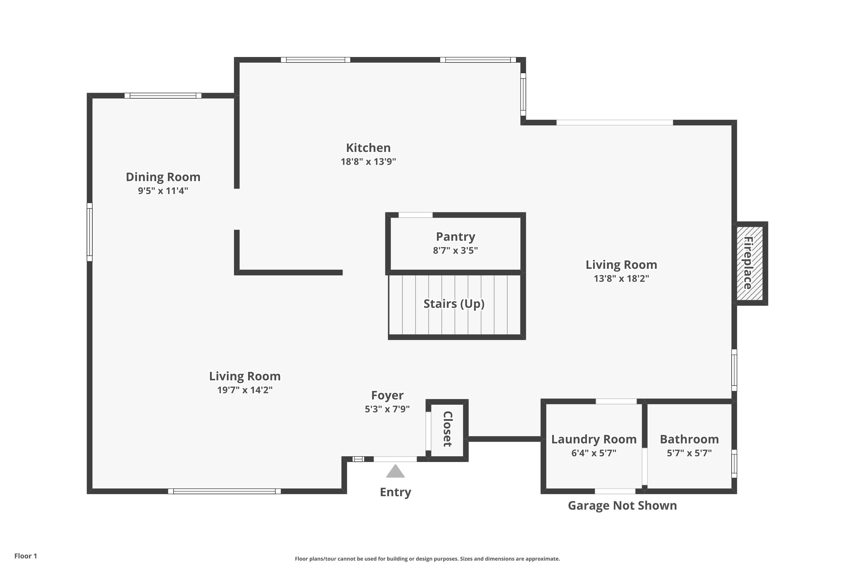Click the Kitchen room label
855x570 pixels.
[x=368, y=148]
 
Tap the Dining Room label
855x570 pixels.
[x=163, y=177]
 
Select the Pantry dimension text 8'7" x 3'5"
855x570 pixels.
[x=455, y=251]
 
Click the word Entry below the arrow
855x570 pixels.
[x=395, y=492]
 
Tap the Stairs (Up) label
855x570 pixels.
[x=454, y=304]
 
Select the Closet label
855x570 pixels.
[x=447, y=429]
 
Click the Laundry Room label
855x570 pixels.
[x=594, y=439]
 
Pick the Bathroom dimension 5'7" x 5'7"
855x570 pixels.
[x=689, y=453]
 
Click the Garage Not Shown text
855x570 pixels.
[x=622, y=505]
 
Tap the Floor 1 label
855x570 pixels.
[x=25, y=556]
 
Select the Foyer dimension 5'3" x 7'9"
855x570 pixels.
[x=387, y=409]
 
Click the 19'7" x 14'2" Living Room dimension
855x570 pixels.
[x=245, y=390]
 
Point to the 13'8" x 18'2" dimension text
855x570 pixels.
[x=621, y=278]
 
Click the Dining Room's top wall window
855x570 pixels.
[x=163, y=95]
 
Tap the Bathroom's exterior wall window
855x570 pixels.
[x=734, y=463]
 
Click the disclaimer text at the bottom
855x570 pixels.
[x=427, y=559]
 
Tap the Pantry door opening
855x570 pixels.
[x=416, y=215]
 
